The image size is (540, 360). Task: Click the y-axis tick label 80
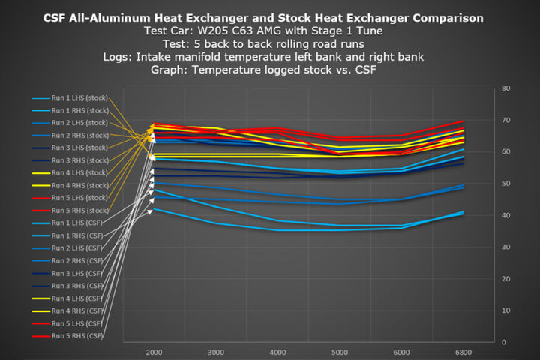point(505,88)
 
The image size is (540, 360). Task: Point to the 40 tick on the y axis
point(505,215)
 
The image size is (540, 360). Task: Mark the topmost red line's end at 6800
point(463,121)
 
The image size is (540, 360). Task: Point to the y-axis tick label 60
point(505,151)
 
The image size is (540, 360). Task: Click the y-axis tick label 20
point(505,278)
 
